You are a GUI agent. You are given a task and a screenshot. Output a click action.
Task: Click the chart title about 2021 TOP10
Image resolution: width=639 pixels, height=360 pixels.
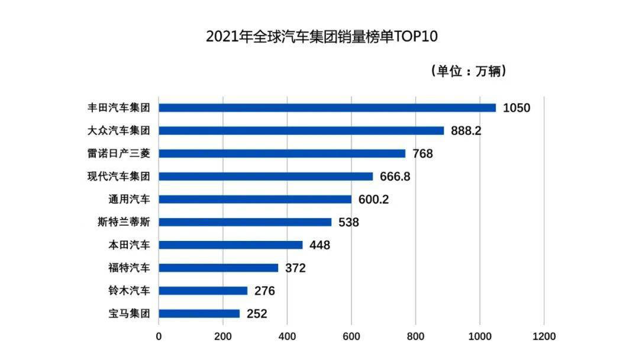click(321, 37)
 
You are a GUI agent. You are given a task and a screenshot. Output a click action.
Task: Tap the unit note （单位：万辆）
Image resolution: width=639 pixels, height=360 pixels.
click(468, 72)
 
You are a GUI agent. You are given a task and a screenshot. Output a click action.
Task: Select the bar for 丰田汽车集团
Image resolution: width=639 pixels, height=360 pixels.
click(327, 108)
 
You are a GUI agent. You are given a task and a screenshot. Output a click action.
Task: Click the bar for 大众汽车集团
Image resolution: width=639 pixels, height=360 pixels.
click(301, 130)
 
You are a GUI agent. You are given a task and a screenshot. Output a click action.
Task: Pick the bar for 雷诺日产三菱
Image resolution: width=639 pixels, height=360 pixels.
click(282, 153)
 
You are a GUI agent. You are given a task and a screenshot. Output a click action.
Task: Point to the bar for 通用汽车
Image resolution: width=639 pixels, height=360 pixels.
click(255, 200)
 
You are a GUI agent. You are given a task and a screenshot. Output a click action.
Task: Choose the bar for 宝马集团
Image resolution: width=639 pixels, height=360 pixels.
click(199, 314)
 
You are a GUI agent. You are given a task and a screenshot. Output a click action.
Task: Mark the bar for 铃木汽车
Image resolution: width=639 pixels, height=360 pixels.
click(203, 291)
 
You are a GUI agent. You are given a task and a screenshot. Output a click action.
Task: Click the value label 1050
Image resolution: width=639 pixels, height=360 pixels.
click(517, 108)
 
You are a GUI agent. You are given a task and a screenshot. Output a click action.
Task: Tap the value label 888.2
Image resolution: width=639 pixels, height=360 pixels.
click(466, 131)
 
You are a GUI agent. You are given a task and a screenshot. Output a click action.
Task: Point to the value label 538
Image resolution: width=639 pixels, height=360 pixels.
click(348, 223)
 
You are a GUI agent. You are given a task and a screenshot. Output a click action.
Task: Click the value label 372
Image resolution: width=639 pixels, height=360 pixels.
click(295, 268)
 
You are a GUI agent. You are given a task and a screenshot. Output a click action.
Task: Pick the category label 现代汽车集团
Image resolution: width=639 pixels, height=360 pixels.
click(119, 176)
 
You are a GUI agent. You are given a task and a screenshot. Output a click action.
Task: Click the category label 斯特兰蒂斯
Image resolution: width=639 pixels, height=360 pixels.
click(124, 223)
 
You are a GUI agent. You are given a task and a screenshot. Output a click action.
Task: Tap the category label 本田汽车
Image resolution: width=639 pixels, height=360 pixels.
click(128, 245)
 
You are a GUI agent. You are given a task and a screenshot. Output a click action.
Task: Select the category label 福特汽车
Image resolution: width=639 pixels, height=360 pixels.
click(128, 268)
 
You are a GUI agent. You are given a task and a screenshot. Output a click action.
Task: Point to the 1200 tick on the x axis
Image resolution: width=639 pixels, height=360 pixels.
click(544, 336)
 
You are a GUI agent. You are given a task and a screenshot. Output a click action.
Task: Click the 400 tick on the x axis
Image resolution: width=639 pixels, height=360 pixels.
click(287, 336)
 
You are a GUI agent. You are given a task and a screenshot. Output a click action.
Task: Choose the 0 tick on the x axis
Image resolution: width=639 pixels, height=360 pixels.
click(159, 336)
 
